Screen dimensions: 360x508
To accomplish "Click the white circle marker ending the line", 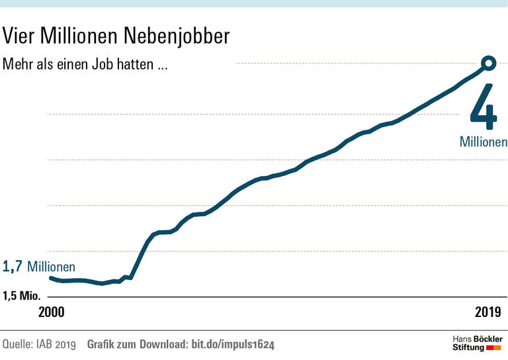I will (x=489, y=63).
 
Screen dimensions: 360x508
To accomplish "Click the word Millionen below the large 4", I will (x=484, y=142).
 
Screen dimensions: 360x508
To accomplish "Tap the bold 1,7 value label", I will (x=13, y=267).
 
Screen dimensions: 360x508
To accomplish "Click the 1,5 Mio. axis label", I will (x=21, y=295).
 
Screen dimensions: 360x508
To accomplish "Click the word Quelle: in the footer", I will (x=19, y=345).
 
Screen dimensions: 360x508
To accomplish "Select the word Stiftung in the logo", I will (x=468, y=347).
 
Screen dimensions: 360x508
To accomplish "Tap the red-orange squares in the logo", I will (x=494, y=347).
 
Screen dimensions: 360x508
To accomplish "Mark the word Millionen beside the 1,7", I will (x=51, y=267).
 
